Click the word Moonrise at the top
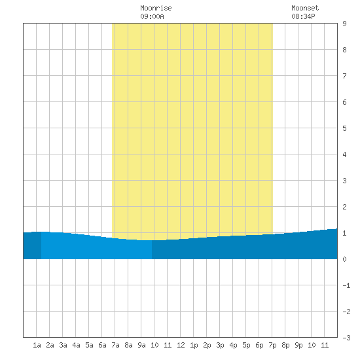[156, 8]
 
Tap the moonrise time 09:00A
[152, 16]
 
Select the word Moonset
[305, 8]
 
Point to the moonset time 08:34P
[303, 16]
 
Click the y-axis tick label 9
[344, 24]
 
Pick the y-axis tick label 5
[344, 128]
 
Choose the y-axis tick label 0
[344, 259]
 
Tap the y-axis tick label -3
[346, 338]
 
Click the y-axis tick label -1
[346, 285]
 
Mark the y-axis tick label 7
[344, 76]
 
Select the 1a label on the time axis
[37, 345]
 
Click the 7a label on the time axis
[115, 345]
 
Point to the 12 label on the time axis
[181, 345]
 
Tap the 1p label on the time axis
[194, 345]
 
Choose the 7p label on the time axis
[272, 345]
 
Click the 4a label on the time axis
[76, 345]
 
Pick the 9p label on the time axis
[298, 345]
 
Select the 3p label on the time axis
[220, 345]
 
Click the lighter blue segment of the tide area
[96, 248]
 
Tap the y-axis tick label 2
[344, 207]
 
